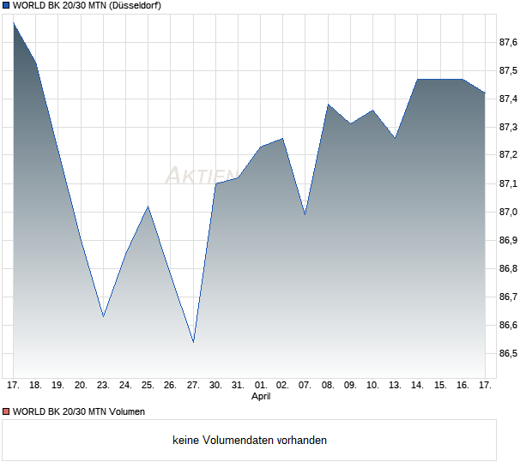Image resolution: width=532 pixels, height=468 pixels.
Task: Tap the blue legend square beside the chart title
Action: [x=6, y=5]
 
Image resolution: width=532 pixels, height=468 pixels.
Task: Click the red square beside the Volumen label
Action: [x=6, y=411]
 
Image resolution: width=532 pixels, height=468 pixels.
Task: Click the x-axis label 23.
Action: [x=103, y=386]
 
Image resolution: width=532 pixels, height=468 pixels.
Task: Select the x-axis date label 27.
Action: [x=193, y=386]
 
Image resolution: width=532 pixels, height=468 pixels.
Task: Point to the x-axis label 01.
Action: [x=261, y=386]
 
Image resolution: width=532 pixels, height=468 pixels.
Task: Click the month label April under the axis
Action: [x=261, y=397]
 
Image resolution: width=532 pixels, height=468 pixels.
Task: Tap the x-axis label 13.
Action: [x=396, y=386]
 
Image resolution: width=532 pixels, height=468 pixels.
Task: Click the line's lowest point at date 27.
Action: [x=193, y=342]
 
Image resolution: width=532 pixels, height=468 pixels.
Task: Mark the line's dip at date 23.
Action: [x=103, y=316]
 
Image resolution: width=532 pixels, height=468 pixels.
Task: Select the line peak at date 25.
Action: [x=148, y=207]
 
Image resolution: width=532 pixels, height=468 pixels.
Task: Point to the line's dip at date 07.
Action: [x=305, y=214]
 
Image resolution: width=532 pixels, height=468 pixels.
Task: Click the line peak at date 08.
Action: [x=328, y=105]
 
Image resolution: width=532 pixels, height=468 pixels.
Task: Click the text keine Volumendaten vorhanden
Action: [x=250, y=440]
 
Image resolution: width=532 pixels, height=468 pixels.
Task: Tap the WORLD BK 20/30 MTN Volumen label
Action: [x=79, y=411]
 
